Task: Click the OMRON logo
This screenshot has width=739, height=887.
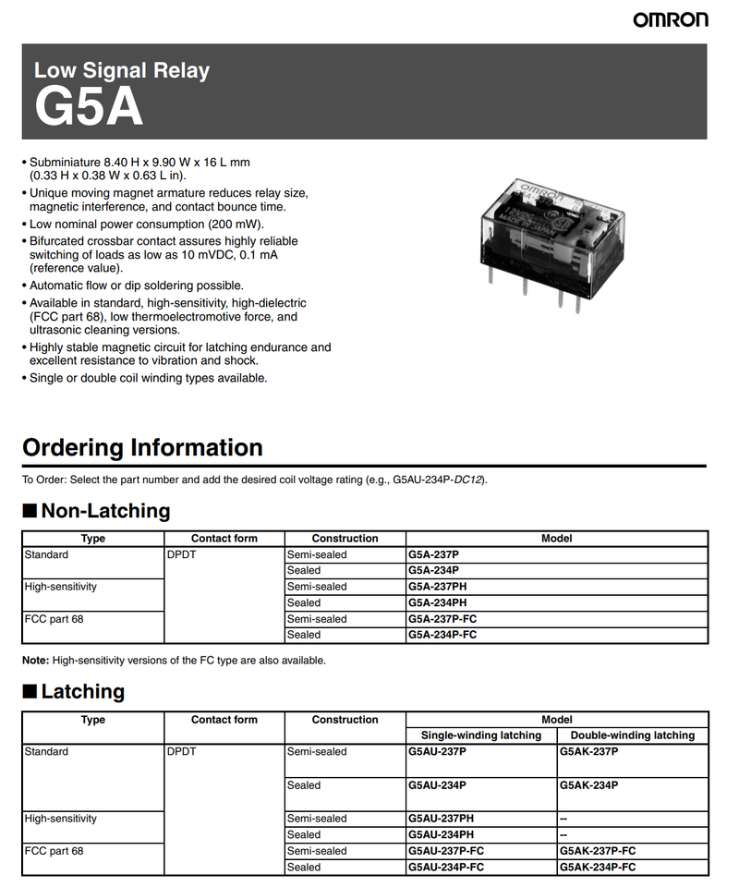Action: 671,19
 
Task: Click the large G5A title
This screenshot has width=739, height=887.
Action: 89,107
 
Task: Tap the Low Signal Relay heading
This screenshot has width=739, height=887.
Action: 121,70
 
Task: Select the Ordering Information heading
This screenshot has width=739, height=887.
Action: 142,448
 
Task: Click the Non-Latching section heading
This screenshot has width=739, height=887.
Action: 105,511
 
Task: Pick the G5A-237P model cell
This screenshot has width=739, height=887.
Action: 433,554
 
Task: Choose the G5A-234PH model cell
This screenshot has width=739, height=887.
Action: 438,602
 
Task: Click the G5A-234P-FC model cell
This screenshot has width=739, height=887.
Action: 442,635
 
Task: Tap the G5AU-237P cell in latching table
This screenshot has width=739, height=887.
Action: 437,752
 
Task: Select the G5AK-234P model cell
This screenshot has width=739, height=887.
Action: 588,785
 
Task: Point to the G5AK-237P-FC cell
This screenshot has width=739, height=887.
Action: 598,851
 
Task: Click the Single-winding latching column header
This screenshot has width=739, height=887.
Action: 480,735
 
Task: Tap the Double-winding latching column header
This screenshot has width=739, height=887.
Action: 632,735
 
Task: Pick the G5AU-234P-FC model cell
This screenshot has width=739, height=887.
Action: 445,868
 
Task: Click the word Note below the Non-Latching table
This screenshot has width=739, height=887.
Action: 36,661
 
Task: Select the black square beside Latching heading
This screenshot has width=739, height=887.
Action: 30,692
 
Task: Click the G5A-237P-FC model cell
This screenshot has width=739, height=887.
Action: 442,619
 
